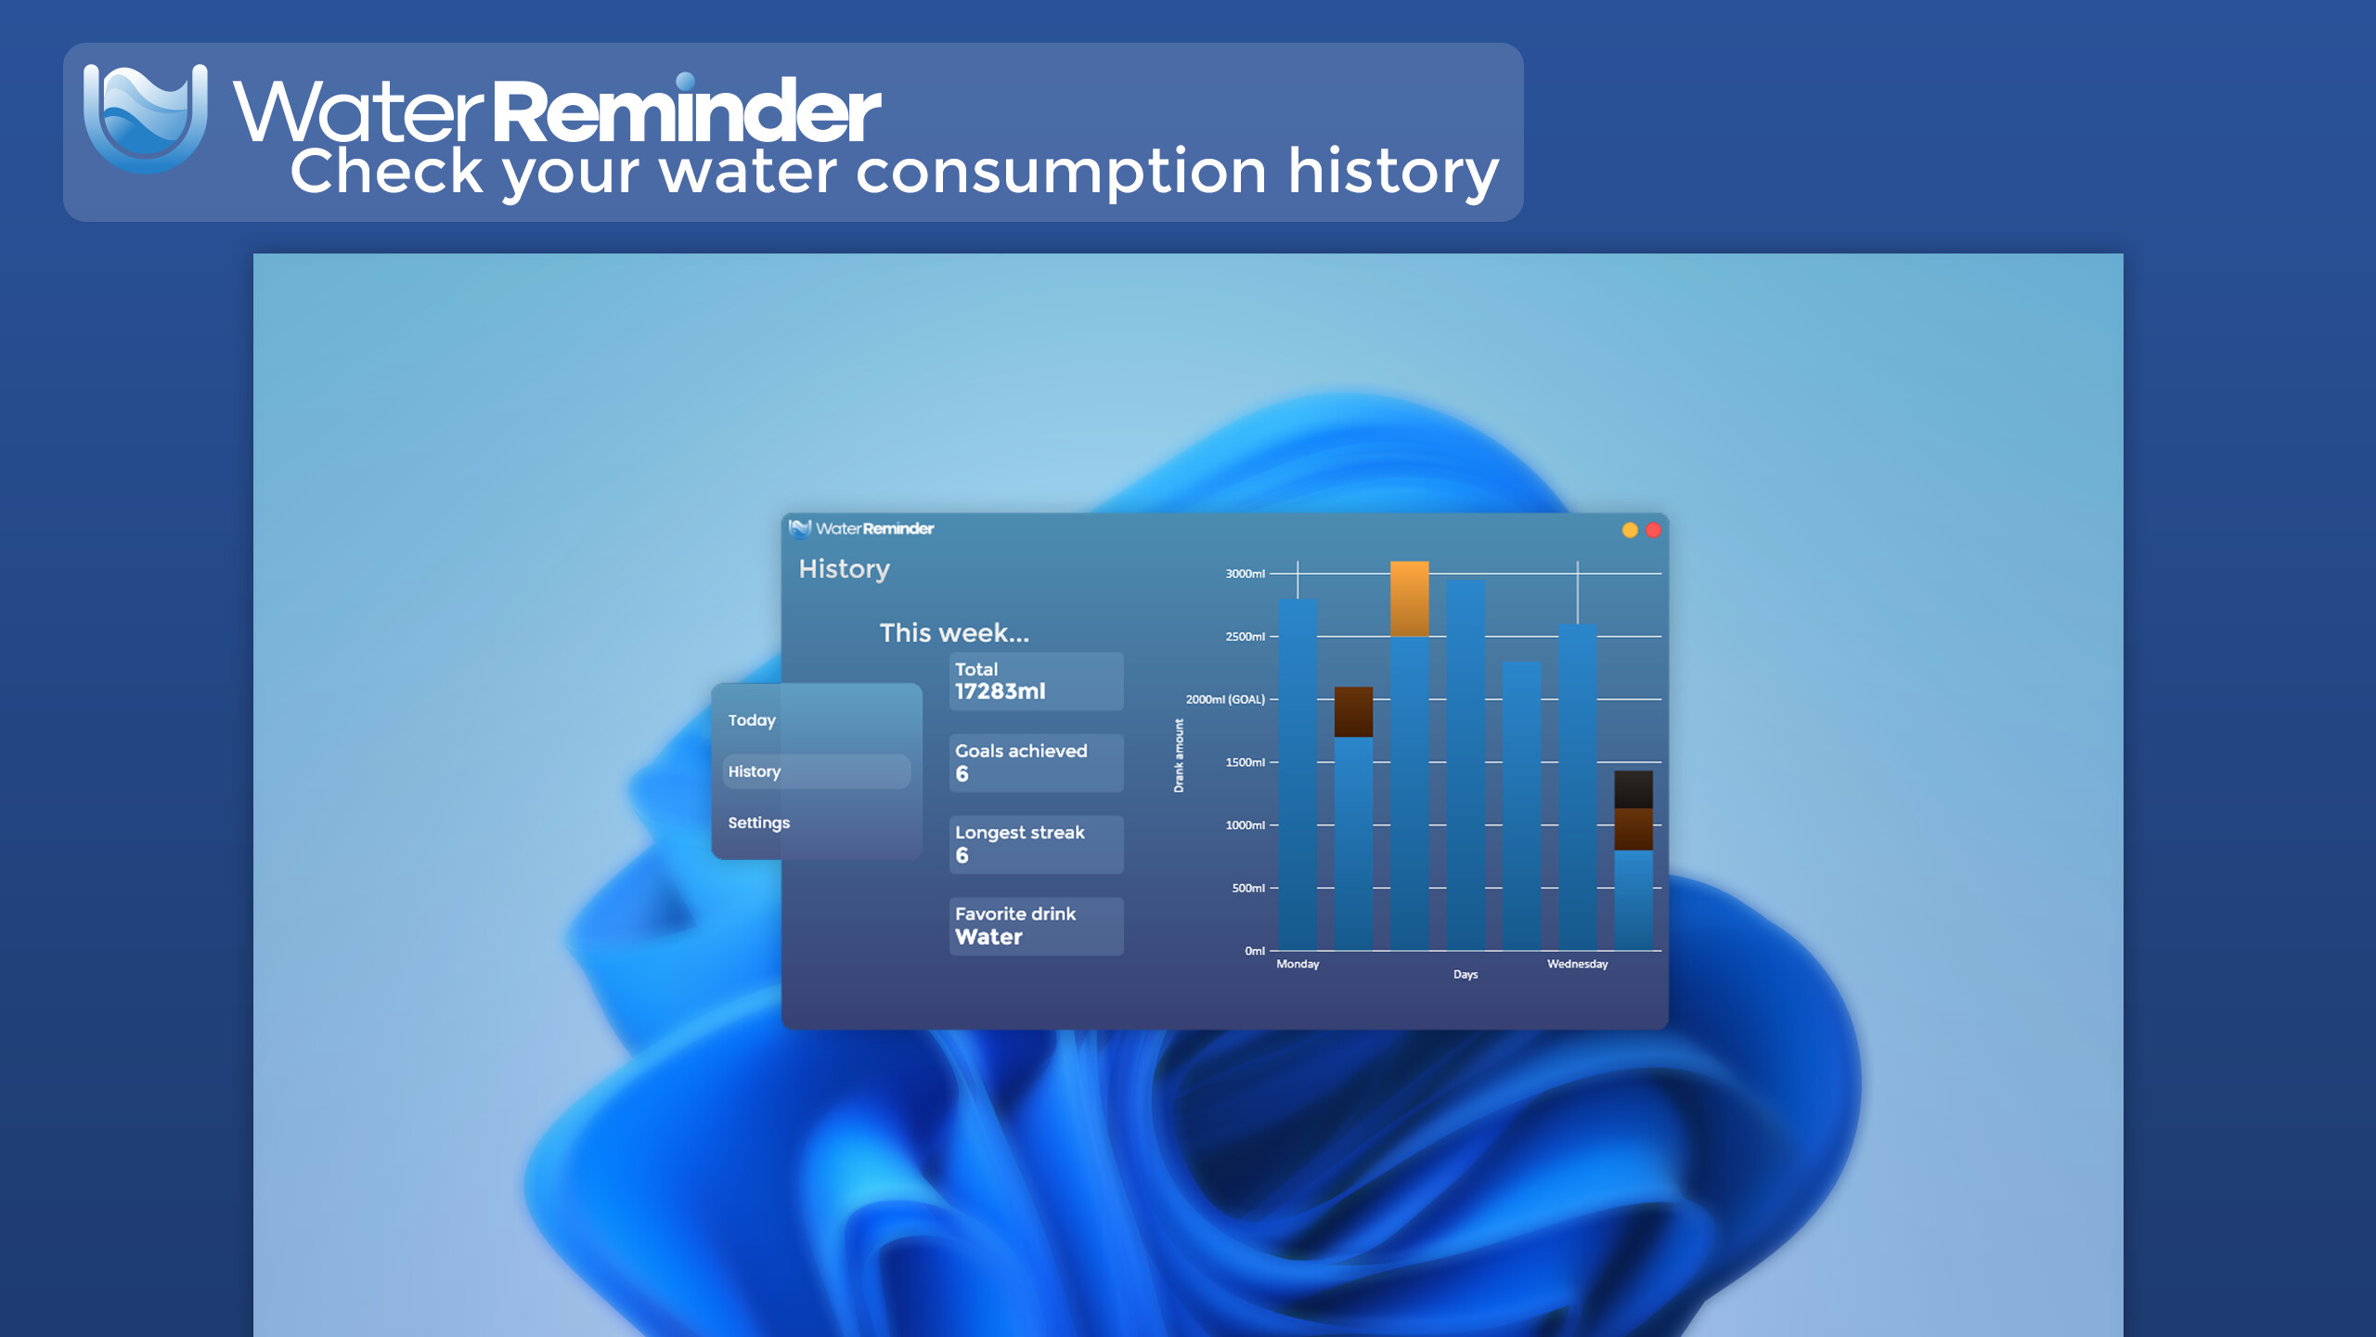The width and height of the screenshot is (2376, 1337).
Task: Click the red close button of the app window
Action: tap(1653, 530)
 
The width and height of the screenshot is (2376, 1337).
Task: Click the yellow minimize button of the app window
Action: tap(1630, 530)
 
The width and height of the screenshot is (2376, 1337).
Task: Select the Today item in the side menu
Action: tap(752, 720)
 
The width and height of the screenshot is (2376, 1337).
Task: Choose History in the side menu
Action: tap(754, 772)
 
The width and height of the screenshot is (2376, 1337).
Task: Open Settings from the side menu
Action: tap(758, 823)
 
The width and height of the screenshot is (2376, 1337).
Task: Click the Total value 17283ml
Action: tap(1000, 692)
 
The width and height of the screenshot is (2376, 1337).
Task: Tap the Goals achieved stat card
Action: tap(1036, 762)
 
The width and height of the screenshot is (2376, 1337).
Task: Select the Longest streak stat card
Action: tap(1036, 844)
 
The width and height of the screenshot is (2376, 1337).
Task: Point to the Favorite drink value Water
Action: tap(988, 937)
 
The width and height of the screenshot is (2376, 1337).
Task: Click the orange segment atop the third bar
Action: tap(1409, 599)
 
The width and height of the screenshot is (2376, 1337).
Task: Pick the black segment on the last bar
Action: tap(1633, 789)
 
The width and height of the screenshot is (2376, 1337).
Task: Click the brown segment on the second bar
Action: tap(1353, 712)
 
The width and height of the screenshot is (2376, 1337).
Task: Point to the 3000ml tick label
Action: tap(1245, 574)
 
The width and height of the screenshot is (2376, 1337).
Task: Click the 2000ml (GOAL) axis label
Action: tap(1225, 699)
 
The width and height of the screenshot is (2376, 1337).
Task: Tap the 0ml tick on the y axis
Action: tap(1255, 951)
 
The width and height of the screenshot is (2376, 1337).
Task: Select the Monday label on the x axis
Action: tap(1298, 964)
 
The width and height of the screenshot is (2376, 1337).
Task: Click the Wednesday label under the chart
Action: tap(1577, 964)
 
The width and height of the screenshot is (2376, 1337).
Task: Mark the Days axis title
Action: tap(1466, 974)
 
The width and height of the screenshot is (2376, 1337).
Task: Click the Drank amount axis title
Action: tap(1179, 755)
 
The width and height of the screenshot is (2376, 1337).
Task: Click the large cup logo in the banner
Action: tap(146, 118)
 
